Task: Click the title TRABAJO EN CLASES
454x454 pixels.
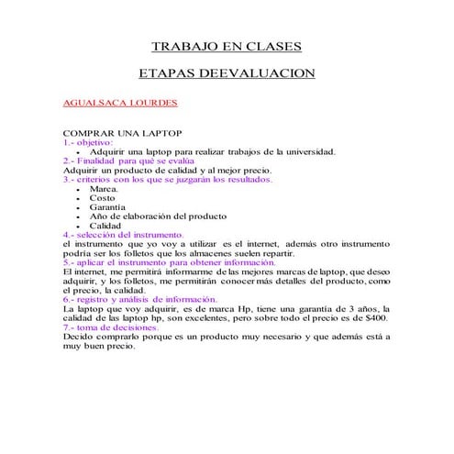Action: (x=225, y=47)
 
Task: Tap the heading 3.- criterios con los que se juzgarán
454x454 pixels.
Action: (x=167, y=180)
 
